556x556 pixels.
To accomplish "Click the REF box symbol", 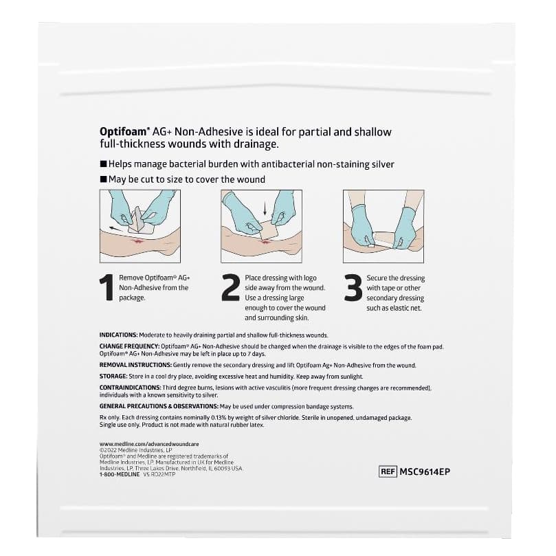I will (388, 471).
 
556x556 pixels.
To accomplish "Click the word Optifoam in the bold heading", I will (122, 131).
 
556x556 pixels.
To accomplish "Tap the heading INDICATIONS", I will (122, 335).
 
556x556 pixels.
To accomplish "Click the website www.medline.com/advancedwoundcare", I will (144, 444).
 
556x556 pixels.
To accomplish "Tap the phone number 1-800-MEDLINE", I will (118, 475).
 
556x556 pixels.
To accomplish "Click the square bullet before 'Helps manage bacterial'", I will (103, 165).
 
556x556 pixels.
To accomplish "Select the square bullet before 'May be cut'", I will (103, 179).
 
